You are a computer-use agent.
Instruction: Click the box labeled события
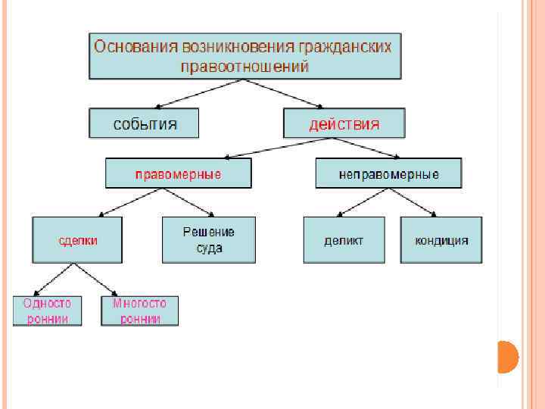click(x=144, y=123)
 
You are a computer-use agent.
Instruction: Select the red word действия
click(x=344, y=123)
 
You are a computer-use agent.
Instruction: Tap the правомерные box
click(x=178, y=174)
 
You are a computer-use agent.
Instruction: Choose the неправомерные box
click(x=388, y=174)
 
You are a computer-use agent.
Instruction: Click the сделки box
click(x=78, y=240)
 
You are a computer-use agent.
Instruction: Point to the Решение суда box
click(x=208, y=240)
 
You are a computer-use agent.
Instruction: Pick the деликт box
click(x=344, y=240)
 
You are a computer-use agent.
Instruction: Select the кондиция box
click(x=441, y=240)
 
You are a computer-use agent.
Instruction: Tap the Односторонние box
click(x=47, y=311)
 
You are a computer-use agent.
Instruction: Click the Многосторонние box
click(x=139, y=311)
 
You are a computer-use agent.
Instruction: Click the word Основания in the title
click(x=134, y=47)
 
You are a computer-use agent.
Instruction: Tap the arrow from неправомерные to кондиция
click(x=413, y=202)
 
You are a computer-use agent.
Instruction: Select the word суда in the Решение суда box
click(x=208, y=248)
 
